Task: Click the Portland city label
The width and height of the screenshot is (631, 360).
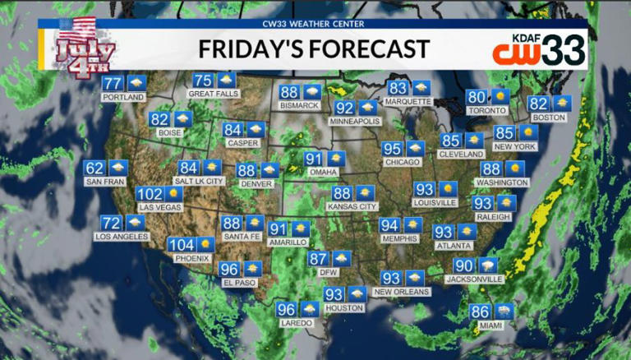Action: [123, 97]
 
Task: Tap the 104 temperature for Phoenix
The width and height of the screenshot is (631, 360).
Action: [181, 245]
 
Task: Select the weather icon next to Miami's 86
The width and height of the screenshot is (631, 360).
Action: [504, 312]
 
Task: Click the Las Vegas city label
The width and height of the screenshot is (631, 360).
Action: [160, 207]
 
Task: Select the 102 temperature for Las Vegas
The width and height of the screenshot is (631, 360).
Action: [150, 194]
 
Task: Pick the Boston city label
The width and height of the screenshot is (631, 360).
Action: [550, 118]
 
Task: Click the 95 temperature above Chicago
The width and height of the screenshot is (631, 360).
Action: [392, 149]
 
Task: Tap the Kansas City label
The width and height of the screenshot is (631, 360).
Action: [352, 207]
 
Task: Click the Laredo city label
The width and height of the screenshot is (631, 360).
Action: [297, 323]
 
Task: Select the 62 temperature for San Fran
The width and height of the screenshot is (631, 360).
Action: [94, 168]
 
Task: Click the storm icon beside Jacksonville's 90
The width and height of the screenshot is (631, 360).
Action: [488, 265]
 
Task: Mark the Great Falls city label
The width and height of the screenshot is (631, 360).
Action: [214, 94]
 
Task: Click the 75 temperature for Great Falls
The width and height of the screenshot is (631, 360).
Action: [202, 81]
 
